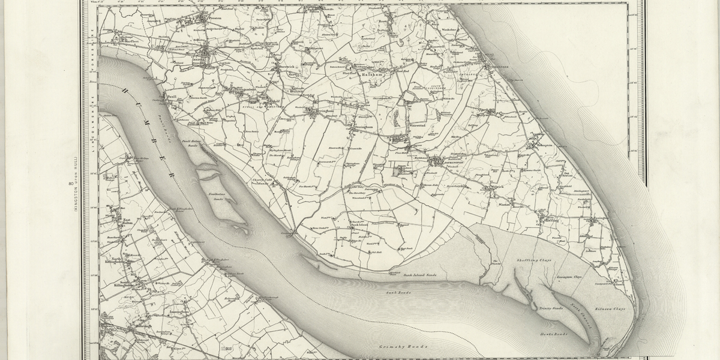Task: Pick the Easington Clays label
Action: click(x=569, y=278)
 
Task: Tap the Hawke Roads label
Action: click(x=553, y=334)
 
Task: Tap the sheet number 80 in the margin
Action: click(x=71, y=184)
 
